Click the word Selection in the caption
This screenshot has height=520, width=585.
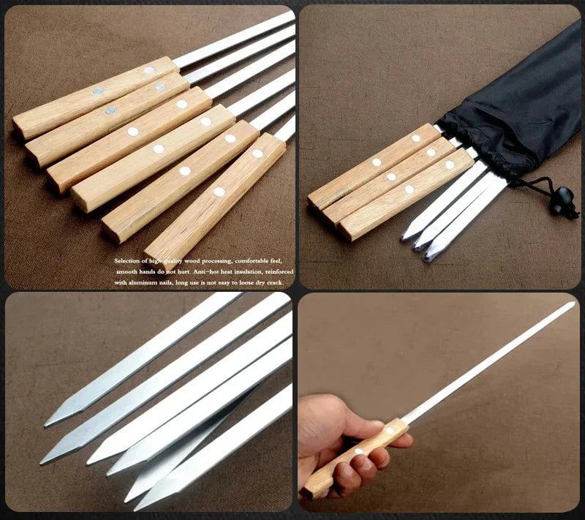click(129, 260)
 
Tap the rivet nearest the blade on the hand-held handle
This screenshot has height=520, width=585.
click(388, 431)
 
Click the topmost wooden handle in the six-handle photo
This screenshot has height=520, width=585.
click(95, 95)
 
